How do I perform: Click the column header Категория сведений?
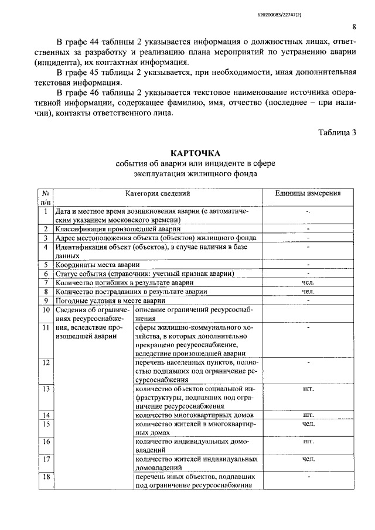coord(158,194)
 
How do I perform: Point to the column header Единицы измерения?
coord(308,194)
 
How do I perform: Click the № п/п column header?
coord(45,198)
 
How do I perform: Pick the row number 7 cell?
coord(45,282)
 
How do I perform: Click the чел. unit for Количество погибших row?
coord(308,282)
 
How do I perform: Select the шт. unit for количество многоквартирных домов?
coord(308,415)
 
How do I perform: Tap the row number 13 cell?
coord(45,388)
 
